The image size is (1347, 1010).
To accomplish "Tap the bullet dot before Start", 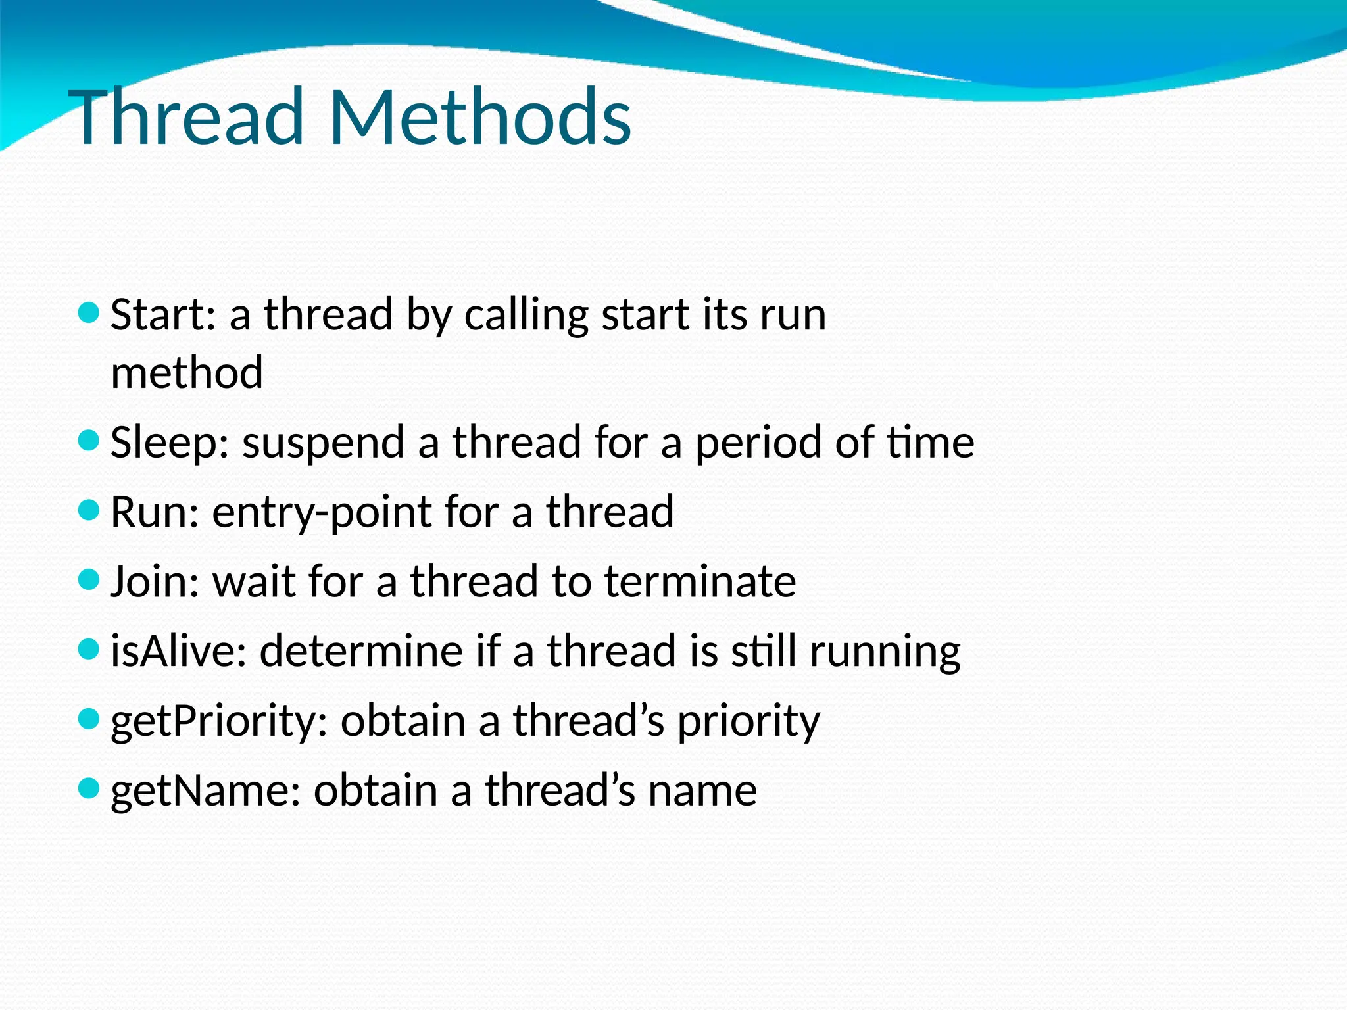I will (88, 312).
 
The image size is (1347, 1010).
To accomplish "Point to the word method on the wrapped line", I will (187, 372).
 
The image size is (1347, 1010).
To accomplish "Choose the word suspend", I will (323, 443).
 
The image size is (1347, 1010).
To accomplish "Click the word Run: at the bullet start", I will (155, 512).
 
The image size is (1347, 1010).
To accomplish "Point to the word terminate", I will (700, 581).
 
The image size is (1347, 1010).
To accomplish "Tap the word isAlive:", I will (178, 651).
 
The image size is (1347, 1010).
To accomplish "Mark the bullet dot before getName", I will (88, 787).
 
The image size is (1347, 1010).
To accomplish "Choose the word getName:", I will (205, 790).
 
